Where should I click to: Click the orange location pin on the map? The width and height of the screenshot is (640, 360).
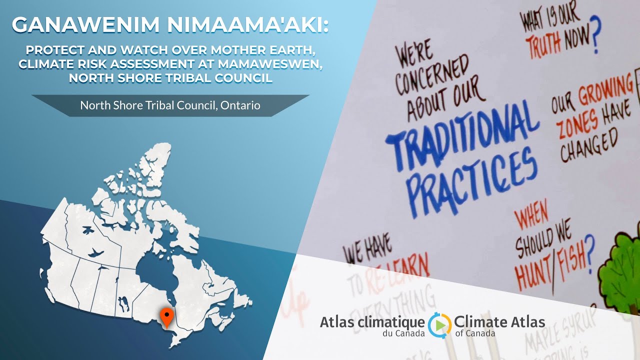click(166, 316)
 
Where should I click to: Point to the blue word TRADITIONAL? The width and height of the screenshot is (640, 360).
click(462, 135)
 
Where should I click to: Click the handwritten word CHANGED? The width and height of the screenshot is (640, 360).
click(589, 145)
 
